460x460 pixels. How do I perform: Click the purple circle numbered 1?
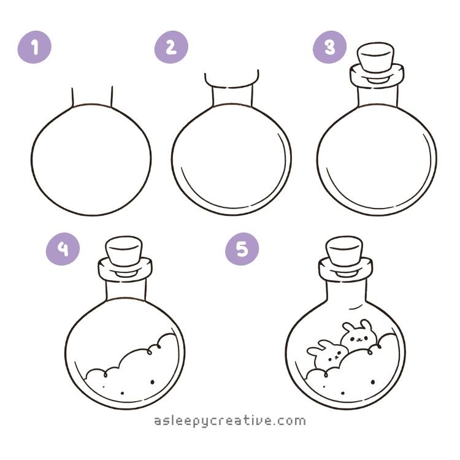(34, 47)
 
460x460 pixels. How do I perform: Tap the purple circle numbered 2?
(171, 47)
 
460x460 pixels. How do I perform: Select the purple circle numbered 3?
(329, 47)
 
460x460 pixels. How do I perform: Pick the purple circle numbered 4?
(63, 249)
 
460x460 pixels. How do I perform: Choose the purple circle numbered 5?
(242, 249)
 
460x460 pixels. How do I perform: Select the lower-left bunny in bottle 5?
(326, 356)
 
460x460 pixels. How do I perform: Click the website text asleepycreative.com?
(230, 421)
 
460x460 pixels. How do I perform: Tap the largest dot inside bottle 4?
(153, 382)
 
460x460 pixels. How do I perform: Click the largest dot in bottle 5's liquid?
(373, 382)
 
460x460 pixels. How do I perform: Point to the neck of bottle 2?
(232, 97)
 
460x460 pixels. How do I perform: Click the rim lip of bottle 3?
(377, 75)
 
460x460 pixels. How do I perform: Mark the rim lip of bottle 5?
(345, 270)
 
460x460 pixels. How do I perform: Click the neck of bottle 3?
(378, 96)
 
